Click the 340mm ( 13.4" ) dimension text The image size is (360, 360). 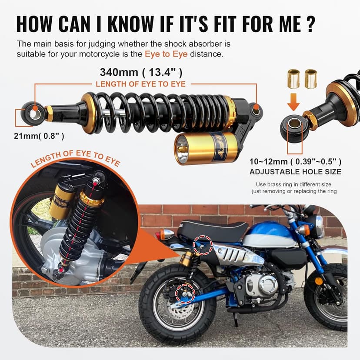click(x=141, y=72)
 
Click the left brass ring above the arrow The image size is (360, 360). click(x=294, y=79)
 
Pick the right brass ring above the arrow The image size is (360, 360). click(x=310, y=79)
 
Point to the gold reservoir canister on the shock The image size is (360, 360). click(x=207, y=148)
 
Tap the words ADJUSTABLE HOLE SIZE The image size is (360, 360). click(x=295, y=172)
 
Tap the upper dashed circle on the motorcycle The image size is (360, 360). click(x=203, y=245)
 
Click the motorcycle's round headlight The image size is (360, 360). click(x=318, y=226)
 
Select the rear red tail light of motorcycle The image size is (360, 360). click(x=158, y=236)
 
